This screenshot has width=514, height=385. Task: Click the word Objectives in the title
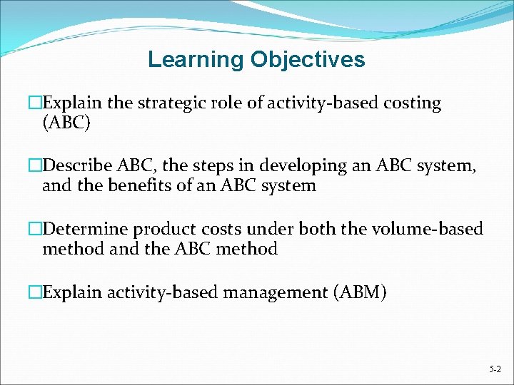pos(308,59)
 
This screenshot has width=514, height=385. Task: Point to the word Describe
pos(74,166)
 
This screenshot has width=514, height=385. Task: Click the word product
pos(157,230)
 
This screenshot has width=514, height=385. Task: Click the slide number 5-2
pos(495,369)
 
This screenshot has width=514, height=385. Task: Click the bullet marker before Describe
pos(36,166)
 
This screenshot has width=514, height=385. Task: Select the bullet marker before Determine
pos(36,230)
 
